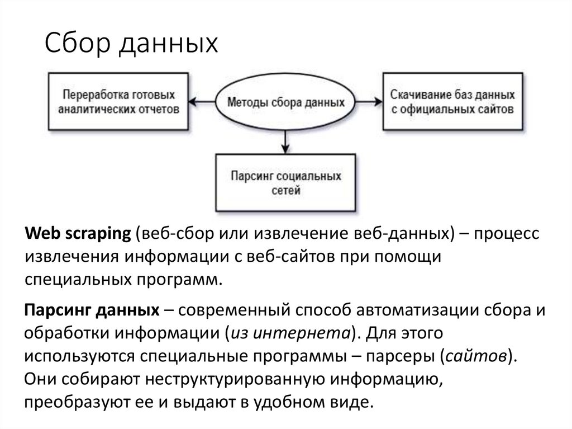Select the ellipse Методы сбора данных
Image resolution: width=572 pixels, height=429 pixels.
click(x=284, y=103)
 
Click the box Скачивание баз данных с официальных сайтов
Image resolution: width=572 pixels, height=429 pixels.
click(x=453, y=103)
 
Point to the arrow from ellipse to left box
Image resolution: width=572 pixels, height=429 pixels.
click(x=201, y=102)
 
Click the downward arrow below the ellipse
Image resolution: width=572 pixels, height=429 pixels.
click(x=285, y=140)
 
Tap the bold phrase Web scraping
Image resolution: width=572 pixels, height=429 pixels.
click(x=78, y=235)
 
